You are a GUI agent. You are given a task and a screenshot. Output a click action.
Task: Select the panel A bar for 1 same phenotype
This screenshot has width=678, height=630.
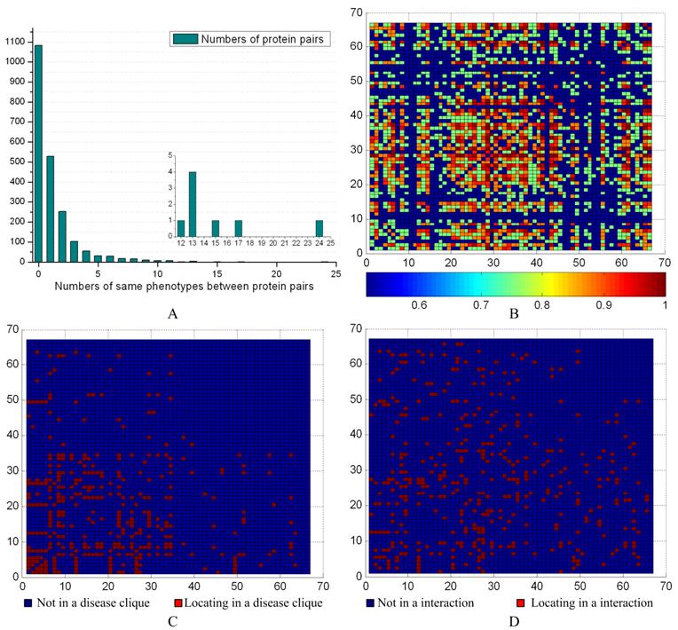tap(50, 209)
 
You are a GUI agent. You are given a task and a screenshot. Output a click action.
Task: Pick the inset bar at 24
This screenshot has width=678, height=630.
tap(319, 229)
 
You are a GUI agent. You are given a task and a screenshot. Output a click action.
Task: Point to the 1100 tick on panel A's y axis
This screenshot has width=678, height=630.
tap(15, 41)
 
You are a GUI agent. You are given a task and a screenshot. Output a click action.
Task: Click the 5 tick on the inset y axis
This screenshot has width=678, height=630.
tap(166, 155)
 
